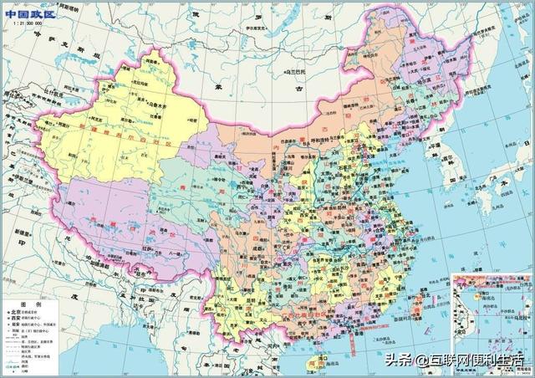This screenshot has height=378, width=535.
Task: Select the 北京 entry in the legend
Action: coord(18,316)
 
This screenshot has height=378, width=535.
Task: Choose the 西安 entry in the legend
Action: coord(18,324)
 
